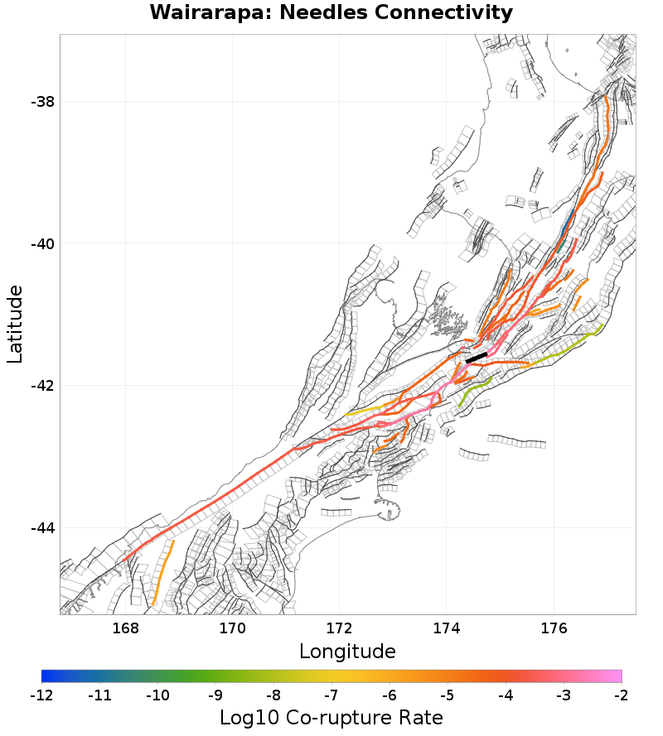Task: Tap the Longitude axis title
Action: click(x=347, y=651)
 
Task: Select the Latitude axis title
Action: click(x=15, y=324)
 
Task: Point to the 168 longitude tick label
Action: click(x=125, y=628)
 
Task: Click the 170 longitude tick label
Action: click(x=232, y=628)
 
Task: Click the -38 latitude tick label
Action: click(x=42, y=102)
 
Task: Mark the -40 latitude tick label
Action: click(x=42, y=244)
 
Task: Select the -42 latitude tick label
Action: click(x=42, y=386)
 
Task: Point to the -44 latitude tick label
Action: click(x=42, y=528)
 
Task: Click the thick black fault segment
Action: click(x=477, y=358)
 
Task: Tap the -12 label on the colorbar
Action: click(x=41, y=694)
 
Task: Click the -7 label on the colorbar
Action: click(x=331, y=694)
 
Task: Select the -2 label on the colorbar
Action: click(x=621, y=694)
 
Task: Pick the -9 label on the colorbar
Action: click(x=215, y=694)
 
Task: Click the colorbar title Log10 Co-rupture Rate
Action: click(x=331, y=717)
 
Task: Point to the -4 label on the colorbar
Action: click(x=506, y=694)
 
